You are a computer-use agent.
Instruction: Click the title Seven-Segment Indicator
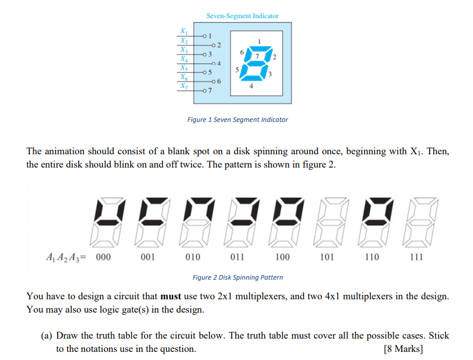tap(242, 16)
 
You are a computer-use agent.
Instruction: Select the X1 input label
tap(183, 30)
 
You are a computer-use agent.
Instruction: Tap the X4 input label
tap(183, 58)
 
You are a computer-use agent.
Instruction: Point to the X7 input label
tap(183, 86)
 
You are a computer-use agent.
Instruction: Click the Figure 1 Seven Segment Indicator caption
tap(237, 120)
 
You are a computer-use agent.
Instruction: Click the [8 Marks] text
tap(403, 349)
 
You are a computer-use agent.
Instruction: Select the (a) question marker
tap(47, 335)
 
